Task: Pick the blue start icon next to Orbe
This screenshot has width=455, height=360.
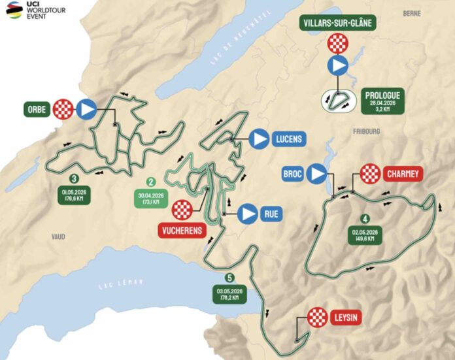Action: click(x=86, y=108)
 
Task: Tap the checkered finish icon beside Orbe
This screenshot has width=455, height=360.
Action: click(x=63, y=108)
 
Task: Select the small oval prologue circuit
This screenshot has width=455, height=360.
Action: click(x=338, y=101)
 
